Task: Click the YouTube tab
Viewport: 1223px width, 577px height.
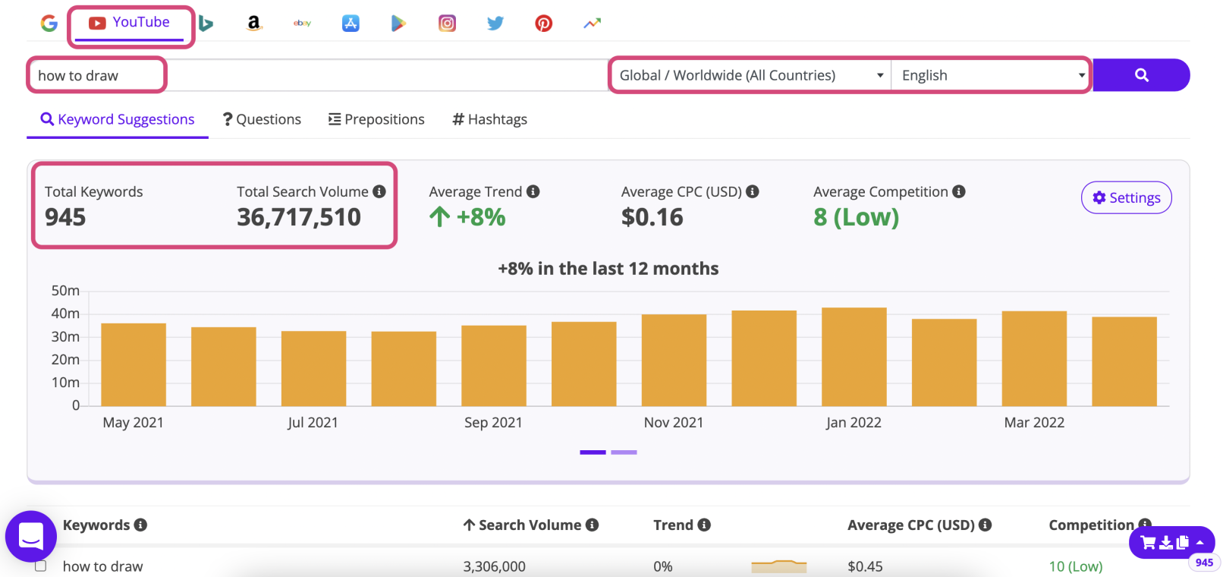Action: pyautogui.click(x=130, y=24)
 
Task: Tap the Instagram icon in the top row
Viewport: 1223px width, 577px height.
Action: pyautogui.click(x=447, y=24)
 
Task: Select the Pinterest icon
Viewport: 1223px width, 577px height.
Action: pyautogui.click(x=543, y=24)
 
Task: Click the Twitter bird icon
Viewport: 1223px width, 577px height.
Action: pyautogui.click(x=495, y=24)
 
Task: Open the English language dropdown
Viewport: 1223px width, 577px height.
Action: pyautogui.click(x=990, y=75)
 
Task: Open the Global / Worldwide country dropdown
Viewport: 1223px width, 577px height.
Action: pyautogui.click(x=750, y=75)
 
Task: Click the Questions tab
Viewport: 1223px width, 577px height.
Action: pyautogui.click(x=262, y=119)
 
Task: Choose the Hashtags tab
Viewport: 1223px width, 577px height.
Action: pyautogui.click(x=489, y=119)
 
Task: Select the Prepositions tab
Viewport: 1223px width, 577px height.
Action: pyautogui.click(x=376, y=119)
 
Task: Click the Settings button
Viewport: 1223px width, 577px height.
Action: pyautogui.click(x=1126, y=198)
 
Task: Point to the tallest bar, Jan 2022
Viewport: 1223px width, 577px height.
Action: pyautogui.click(x=854, y=357)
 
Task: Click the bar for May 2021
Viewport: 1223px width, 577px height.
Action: pyautogui.click(x=134, y=364)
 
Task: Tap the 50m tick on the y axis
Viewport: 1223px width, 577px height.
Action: pyautogui.click(x=65, y=291)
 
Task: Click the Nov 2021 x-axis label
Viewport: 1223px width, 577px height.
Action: pyautogui.click(x=673, y=422)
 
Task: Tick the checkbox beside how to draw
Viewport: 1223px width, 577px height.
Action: pyautogui.click(x=41, y=566)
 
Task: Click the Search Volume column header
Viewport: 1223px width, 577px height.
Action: pyautogui.click(x=530, y=525)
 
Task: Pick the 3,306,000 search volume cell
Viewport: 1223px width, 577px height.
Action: pyautogui.click(x=494, y=566)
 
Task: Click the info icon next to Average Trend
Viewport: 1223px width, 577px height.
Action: pyautogui.click(x=533, y=192)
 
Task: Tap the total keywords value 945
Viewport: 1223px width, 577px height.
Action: pyautogui.click(x=65, y=218)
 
